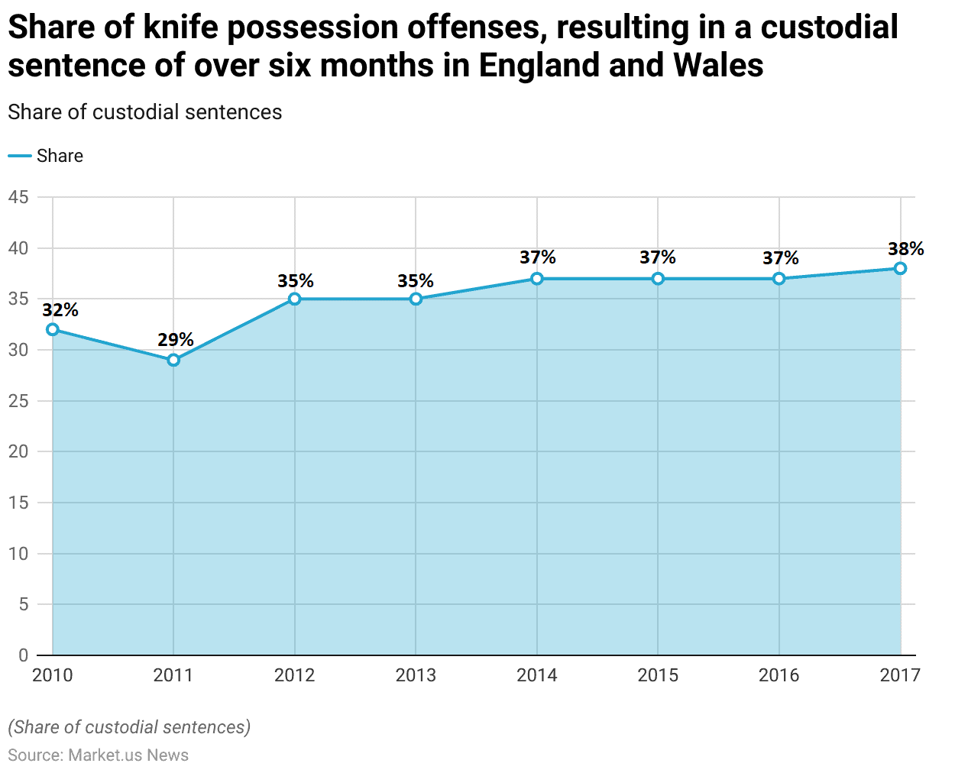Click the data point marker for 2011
pos(173,360)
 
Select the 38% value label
pos(905,249)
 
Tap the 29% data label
pos(176,340)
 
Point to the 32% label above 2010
pos(60,310)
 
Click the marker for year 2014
pos(537,279)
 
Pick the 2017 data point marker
pos(900,268)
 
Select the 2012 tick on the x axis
pos(295,675)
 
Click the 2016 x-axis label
pos(779,675)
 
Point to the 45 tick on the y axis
pos(18,198)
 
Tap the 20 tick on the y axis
pos(18,452)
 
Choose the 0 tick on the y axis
pos(23,655)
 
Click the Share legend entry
pos(60,156)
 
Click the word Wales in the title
pos(717,66)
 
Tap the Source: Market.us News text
pos(99,755)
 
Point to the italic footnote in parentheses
pos(129,727)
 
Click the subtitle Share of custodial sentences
pos(145,112)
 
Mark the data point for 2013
pos(416,299)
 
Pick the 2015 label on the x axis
pos(658,675)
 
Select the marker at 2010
pos(53,329)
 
